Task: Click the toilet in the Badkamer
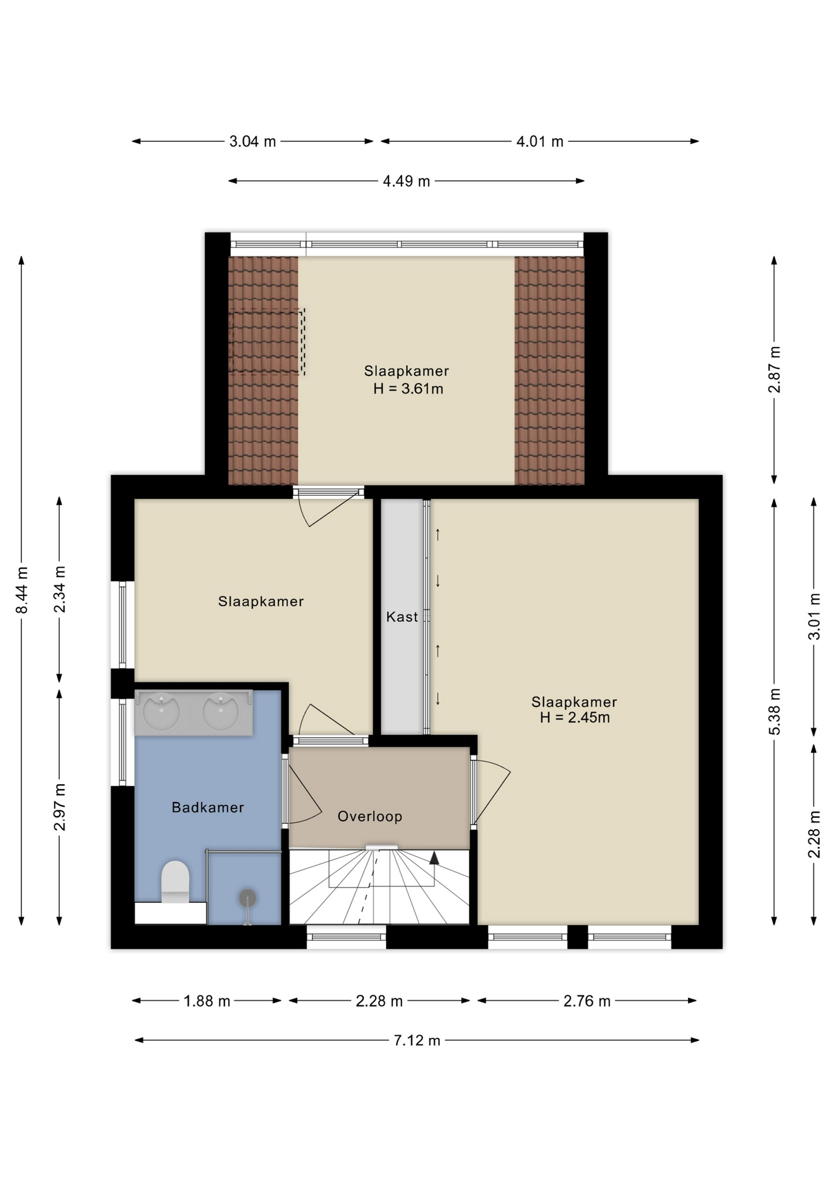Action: point(175,881)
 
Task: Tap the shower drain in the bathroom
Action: point(247,898)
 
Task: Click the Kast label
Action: point(402,616)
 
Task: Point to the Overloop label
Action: point(370,816)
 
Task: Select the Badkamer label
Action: point(208,807)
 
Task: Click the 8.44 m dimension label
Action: point(22,590)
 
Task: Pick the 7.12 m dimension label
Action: point(417,1040)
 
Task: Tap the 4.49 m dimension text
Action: point(406,181)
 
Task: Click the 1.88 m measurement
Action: point(207,1001)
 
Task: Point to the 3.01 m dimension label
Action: point(814,616)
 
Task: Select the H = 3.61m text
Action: point(408,389)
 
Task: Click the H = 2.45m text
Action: point(575,717)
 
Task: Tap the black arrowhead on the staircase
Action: point(434,857)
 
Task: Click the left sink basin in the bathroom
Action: point(161,712)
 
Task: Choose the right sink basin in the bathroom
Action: point(221,712)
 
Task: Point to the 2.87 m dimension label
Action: point(775,369)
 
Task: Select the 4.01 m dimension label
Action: point(540,141)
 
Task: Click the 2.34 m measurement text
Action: point(60,590)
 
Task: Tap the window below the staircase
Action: point(346,937)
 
